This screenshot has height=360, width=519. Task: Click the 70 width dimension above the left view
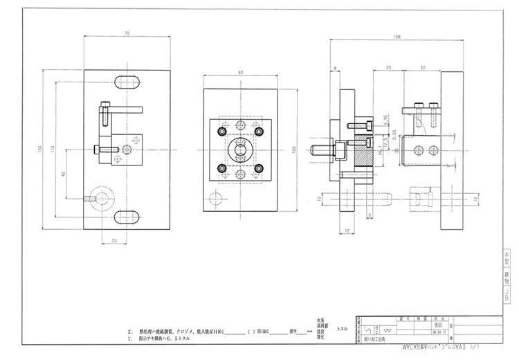127,33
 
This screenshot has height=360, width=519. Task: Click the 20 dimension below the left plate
114,240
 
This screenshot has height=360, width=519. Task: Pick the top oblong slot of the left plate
129,80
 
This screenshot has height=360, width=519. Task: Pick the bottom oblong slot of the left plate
129,219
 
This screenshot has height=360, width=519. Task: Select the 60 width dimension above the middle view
240,72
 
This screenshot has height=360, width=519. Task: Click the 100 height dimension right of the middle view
293,149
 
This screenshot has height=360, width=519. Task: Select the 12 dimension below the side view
345,230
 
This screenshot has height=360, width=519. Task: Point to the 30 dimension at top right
422,67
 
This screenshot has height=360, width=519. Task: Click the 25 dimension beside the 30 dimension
390,67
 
